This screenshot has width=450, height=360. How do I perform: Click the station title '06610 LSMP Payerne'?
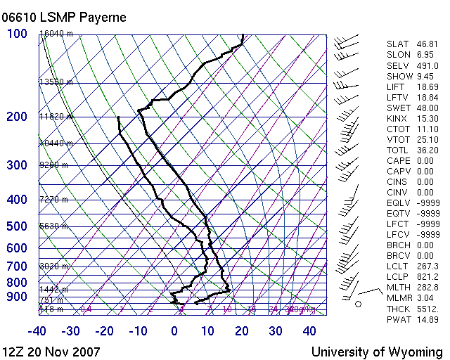(x=65, y=17)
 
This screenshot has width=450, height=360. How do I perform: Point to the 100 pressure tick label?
(x=18, y=34)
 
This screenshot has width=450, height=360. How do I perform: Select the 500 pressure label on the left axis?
(x=18, y=226)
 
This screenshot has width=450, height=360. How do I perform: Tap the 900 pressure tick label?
(x=18, y=297)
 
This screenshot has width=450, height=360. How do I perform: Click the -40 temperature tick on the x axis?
(x=37, y=331)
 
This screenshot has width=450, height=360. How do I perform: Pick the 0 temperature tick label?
(x=174, y=331)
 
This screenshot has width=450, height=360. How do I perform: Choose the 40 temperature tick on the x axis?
(x=309, y=331)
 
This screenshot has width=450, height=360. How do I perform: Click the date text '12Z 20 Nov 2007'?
(x=51, y=352)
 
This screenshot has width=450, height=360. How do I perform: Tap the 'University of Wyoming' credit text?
(x=377, y=352)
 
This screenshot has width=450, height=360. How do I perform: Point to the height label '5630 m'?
(x=53, y=226)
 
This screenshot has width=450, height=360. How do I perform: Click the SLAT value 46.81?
(x=427, y=44)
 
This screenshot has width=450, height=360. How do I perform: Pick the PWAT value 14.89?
(x=427, y=320)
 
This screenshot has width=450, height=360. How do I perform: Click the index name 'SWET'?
(x=399, y=108)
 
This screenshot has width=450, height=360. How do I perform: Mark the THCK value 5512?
(x=427, y=309)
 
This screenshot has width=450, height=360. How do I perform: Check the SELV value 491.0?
(x=427, y=65)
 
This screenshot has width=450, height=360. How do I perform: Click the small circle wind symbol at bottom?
(x=358, y=304)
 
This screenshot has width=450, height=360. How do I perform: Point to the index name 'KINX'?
(x=398, y=118)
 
